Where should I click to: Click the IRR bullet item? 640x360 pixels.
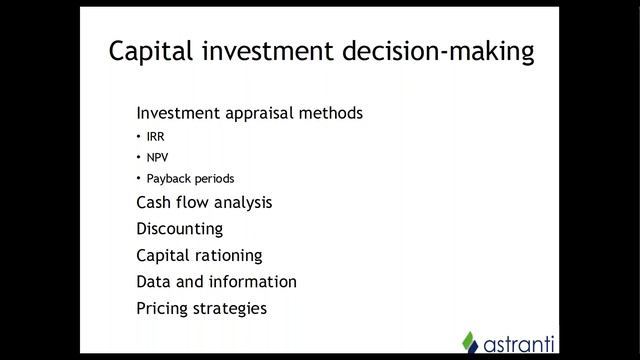click(155, 137)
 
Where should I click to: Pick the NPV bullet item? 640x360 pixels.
click(157, 158)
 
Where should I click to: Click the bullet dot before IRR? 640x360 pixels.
click(139, 137)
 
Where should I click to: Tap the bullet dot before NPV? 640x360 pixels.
click(139, 158)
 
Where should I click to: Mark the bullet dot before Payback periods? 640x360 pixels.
click(139, 179)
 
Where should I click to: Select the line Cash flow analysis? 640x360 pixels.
click(204, 202)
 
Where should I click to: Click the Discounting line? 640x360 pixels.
click(179, 229)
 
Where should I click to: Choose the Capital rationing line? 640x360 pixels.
click(199, 255)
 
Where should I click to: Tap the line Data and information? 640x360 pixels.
click(216, 282)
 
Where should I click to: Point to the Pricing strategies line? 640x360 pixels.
click(201, 308)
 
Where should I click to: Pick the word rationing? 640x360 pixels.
click(229, 255)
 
